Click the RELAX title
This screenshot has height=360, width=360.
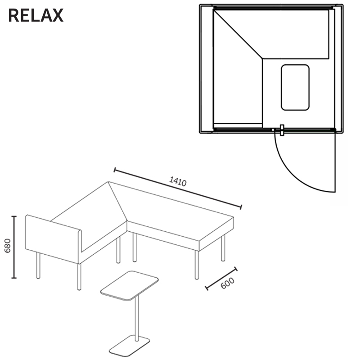point(36,15)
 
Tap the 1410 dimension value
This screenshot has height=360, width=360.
point(178,181)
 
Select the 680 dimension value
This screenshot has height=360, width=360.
point(8,246)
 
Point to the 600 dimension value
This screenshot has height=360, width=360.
point(227,283)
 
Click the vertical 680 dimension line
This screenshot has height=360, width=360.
point(14,247)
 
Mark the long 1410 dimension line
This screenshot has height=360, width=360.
point(178,189)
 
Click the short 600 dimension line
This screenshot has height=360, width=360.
point(221,278)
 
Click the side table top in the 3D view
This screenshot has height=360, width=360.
point(129,286)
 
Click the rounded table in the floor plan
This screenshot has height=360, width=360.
point(295,87)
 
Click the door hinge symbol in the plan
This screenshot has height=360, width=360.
point(282,130)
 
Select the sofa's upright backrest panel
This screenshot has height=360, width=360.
point(53,239)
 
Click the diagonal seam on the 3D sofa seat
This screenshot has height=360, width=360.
point(117,201)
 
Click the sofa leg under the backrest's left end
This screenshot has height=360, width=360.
point(38,265)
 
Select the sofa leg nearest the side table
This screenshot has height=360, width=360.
point(79,277)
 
